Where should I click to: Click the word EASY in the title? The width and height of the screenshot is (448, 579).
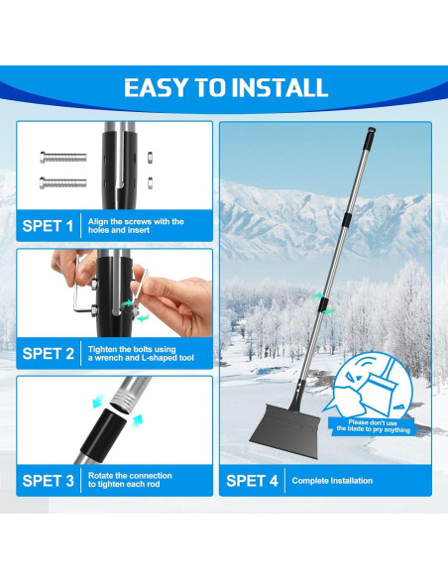click(x=158, y=86)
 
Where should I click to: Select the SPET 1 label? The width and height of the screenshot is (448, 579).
click(x=48, y=226)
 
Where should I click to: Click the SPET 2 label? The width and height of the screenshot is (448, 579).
click(x=48, y=353)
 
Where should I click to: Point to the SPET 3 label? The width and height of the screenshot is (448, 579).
click(x=48, y=481)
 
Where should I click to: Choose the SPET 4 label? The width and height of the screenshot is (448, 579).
click(x=252, y=481)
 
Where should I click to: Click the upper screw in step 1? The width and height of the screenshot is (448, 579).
click(x=60, y=157)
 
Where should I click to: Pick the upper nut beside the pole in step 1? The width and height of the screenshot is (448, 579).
click(x=149, y=156)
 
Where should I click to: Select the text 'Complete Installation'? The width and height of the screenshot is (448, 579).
click(x=332, y=481)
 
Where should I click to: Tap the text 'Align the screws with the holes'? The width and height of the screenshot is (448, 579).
click(x=137, y=226)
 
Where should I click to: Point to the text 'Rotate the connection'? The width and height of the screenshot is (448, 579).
click(x=129, y=476)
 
